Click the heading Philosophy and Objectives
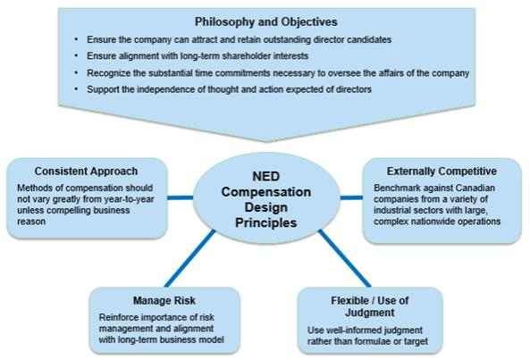click(x=266, y=22)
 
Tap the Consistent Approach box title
click(x=86, y=172)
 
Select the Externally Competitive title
click(x=442, y=172)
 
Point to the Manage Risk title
click(x=164, y=300)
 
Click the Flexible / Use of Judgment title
click(x=370, y=306)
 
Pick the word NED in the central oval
click(x=266, y=176)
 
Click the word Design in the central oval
click(x=266, y=207)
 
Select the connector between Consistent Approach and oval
click(x=181, y=197)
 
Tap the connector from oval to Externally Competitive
click(x=351, y=197)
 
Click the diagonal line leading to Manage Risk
click(x=189, y=258)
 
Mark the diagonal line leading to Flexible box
click(x=344, y=258)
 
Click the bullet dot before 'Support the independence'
click(x=76, y=89)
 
